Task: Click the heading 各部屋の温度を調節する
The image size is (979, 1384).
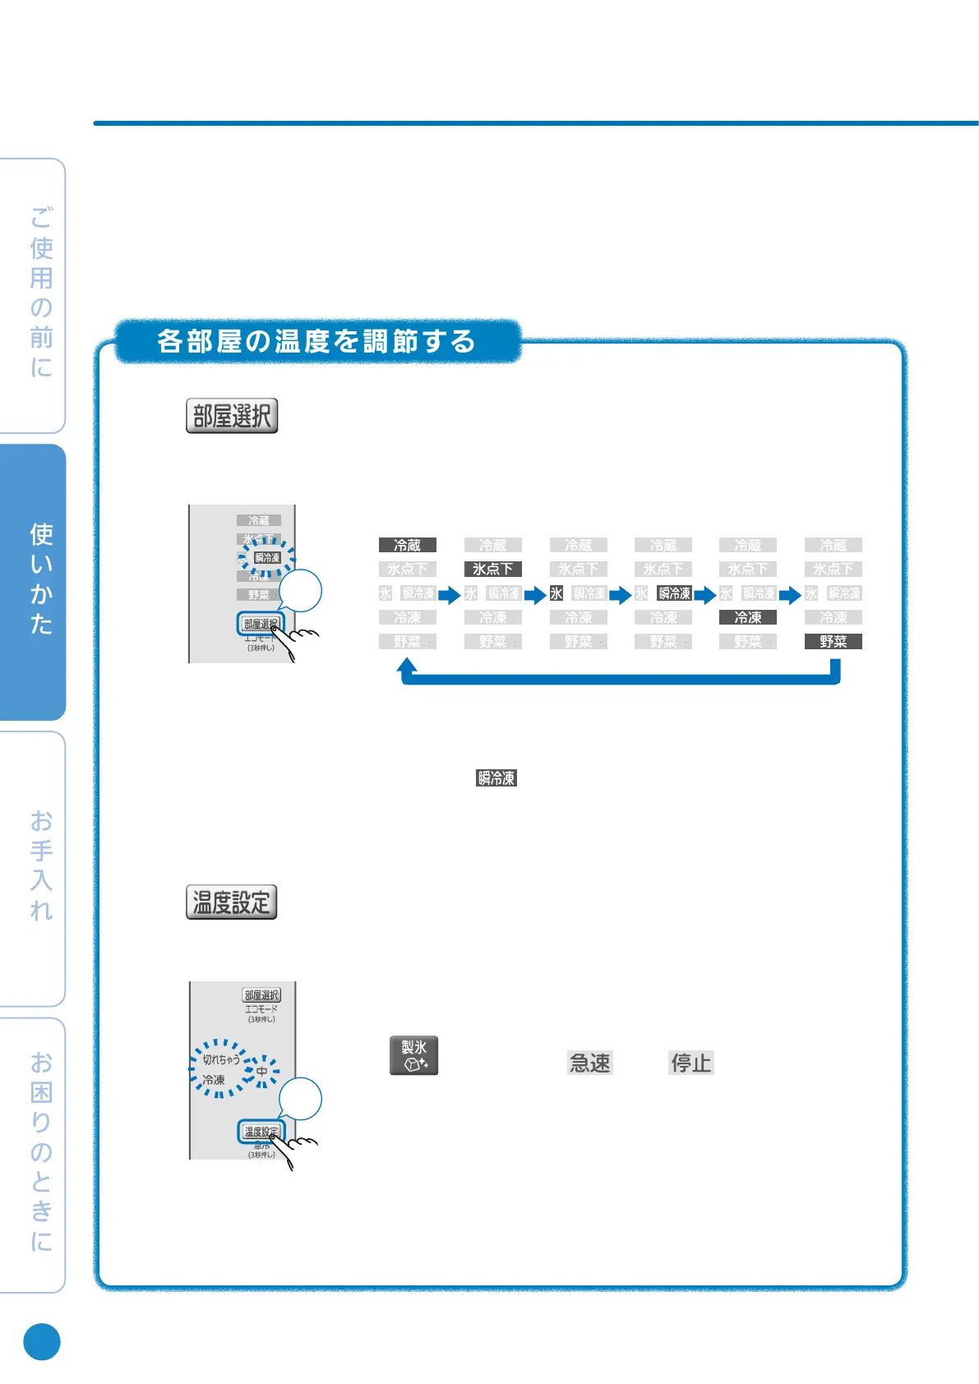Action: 316,341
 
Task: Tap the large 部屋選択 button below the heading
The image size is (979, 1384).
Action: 232,416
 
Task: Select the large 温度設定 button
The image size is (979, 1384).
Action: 231,902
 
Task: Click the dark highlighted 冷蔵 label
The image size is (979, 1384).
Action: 407,545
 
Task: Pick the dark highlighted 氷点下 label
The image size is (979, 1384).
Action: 492,569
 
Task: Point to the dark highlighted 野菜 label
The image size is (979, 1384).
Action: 833,641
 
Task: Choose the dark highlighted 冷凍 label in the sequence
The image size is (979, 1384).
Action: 747,617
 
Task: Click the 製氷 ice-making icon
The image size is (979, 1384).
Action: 413,1055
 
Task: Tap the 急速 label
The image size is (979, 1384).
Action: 590,1063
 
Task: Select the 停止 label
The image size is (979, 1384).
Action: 690,1063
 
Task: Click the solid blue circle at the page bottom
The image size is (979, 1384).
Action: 42,1341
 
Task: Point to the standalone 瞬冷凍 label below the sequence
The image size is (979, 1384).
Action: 496,777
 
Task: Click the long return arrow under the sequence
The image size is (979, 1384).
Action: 621,678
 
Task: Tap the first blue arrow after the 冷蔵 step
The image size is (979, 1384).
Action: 449,594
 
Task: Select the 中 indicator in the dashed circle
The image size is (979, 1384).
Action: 261,1071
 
